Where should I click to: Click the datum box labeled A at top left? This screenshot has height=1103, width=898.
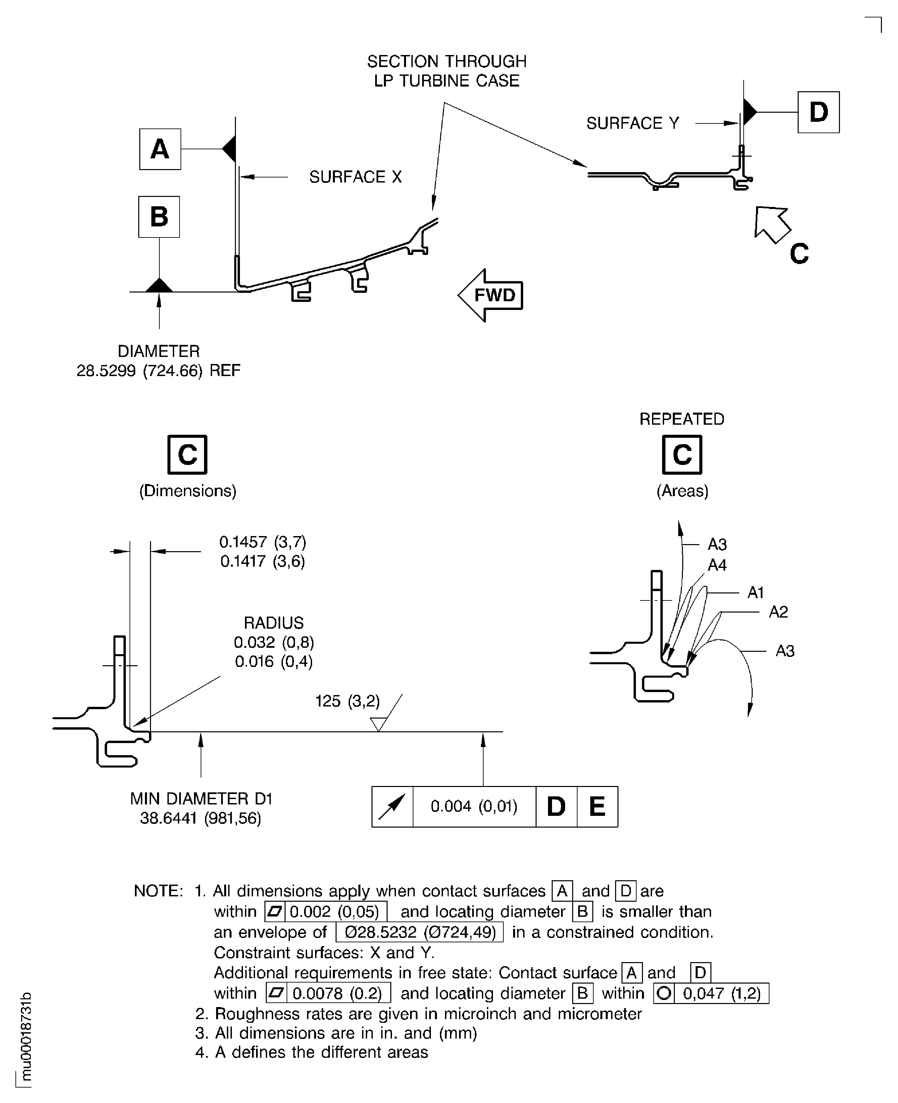(x=160, y=149)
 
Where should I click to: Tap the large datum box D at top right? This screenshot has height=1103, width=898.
(x=818, y=112)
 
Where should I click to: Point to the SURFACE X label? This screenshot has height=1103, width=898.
(x=355, y=177)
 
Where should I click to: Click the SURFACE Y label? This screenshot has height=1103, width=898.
(x=632, y=123)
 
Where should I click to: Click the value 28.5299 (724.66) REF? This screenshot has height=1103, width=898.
(x=158, y=371)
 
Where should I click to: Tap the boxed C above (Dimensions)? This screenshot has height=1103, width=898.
(x=187, y=455)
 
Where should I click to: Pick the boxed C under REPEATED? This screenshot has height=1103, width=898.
(x=682, y=455)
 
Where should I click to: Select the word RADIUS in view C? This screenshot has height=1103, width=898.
(x=273, y=623)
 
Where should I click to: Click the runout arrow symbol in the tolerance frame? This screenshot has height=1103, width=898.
(x=392, y=807)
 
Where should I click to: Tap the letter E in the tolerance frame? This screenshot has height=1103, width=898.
(x=597, y=807)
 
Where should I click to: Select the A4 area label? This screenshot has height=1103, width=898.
(x=717, y=565)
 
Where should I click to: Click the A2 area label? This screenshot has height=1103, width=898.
(x=778, y=612)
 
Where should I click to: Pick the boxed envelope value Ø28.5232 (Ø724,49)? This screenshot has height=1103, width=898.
(x=419, y=932)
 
